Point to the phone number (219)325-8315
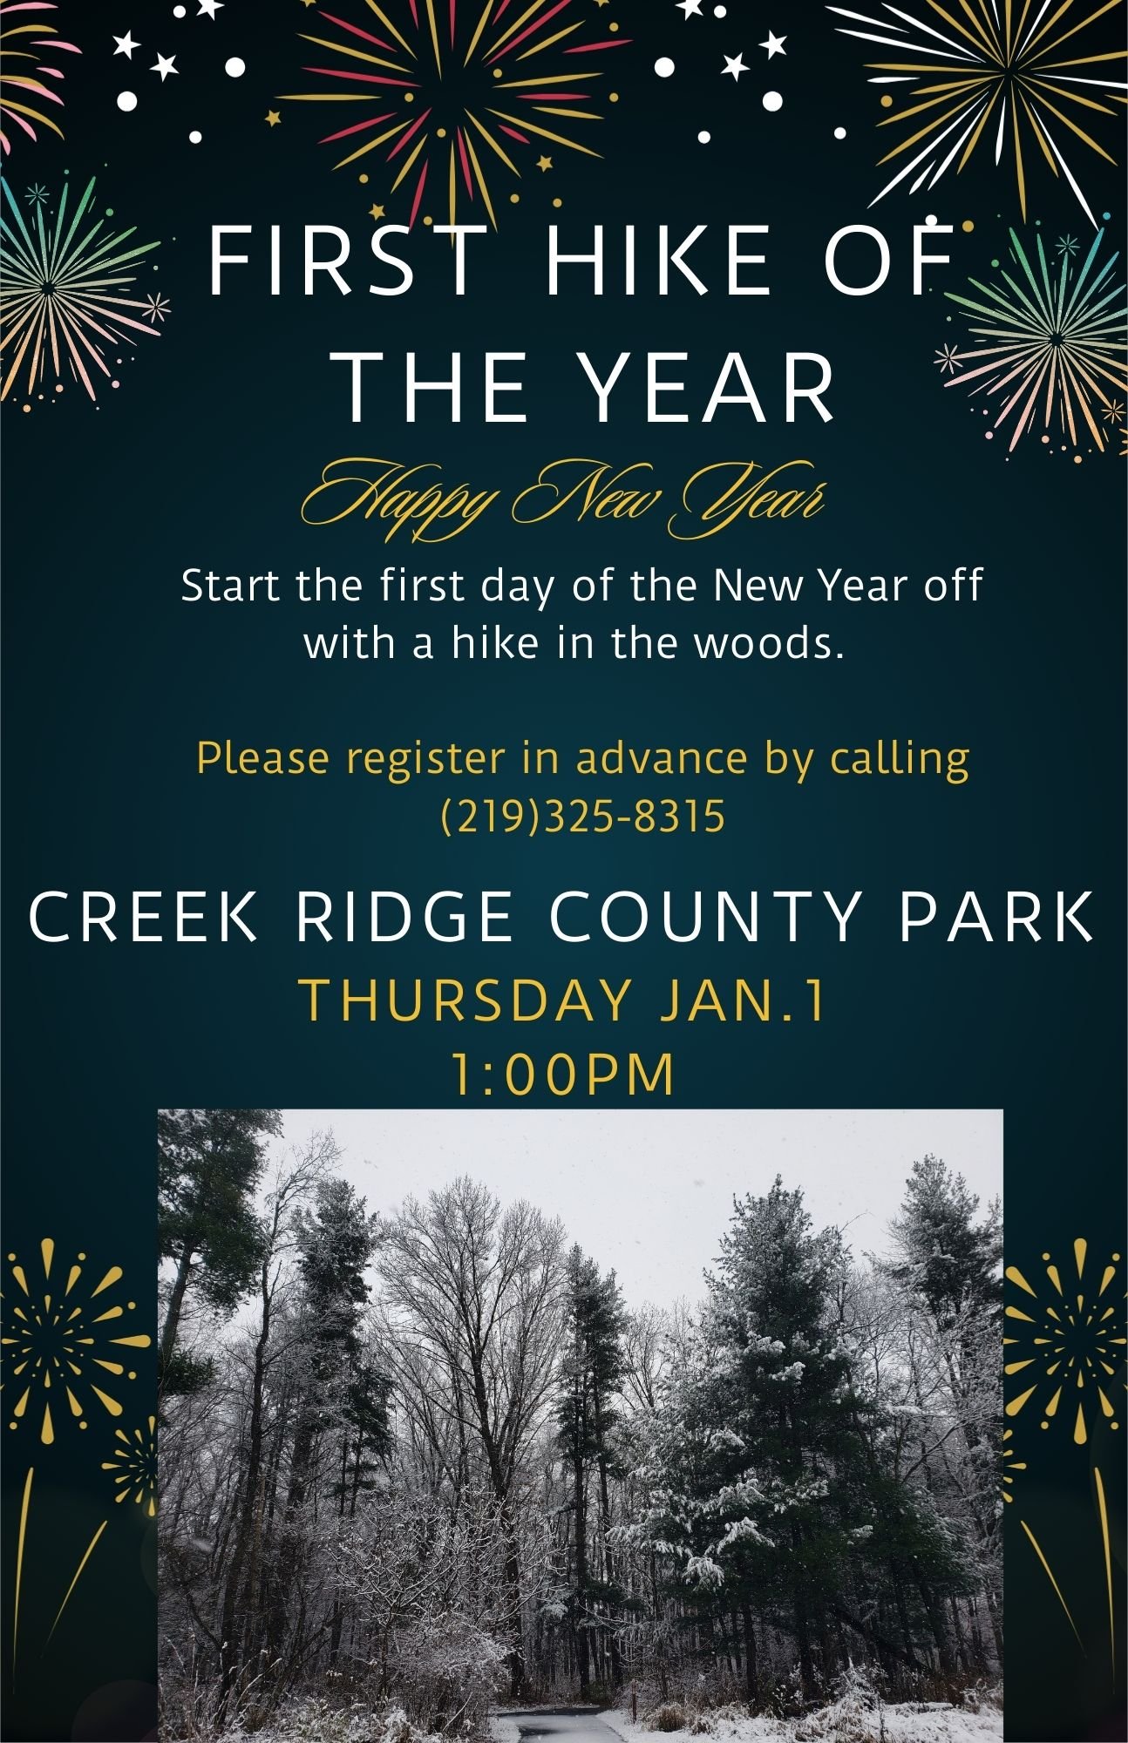pyautogui.click(x=583, y=817)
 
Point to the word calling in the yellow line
pyautogui.click(x=899, y=759)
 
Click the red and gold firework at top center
pyautogui.click(x=453, y=96)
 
